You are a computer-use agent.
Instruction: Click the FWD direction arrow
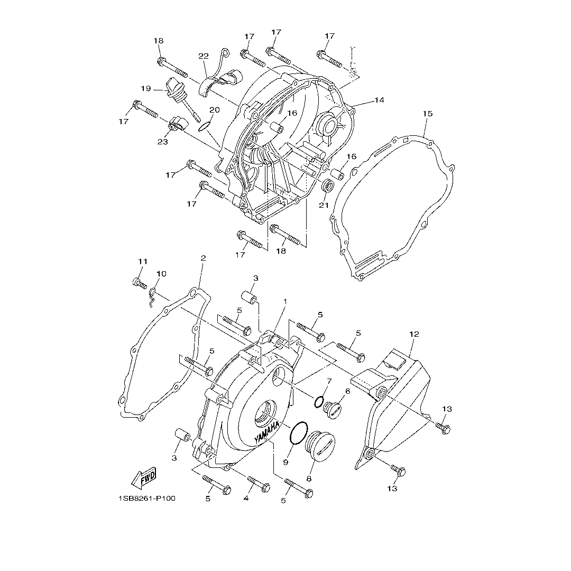[144, 477]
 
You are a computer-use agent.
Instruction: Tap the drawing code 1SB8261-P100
[147, 498]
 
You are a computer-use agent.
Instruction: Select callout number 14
[379, 100]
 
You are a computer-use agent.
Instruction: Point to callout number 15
[428, 114]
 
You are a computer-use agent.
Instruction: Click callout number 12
[414, 334]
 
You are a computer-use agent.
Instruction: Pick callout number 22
[204, 56]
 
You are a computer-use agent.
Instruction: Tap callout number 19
[146, 88]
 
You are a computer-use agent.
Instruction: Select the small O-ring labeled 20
[204, 126]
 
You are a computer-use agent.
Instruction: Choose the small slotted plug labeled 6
[332, 409]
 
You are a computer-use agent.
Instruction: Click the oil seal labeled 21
[328, 186]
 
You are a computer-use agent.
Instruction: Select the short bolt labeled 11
[140, 283]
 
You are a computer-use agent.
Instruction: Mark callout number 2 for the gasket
[203, 258]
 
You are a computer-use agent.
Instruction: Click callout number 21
[324, 205]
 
